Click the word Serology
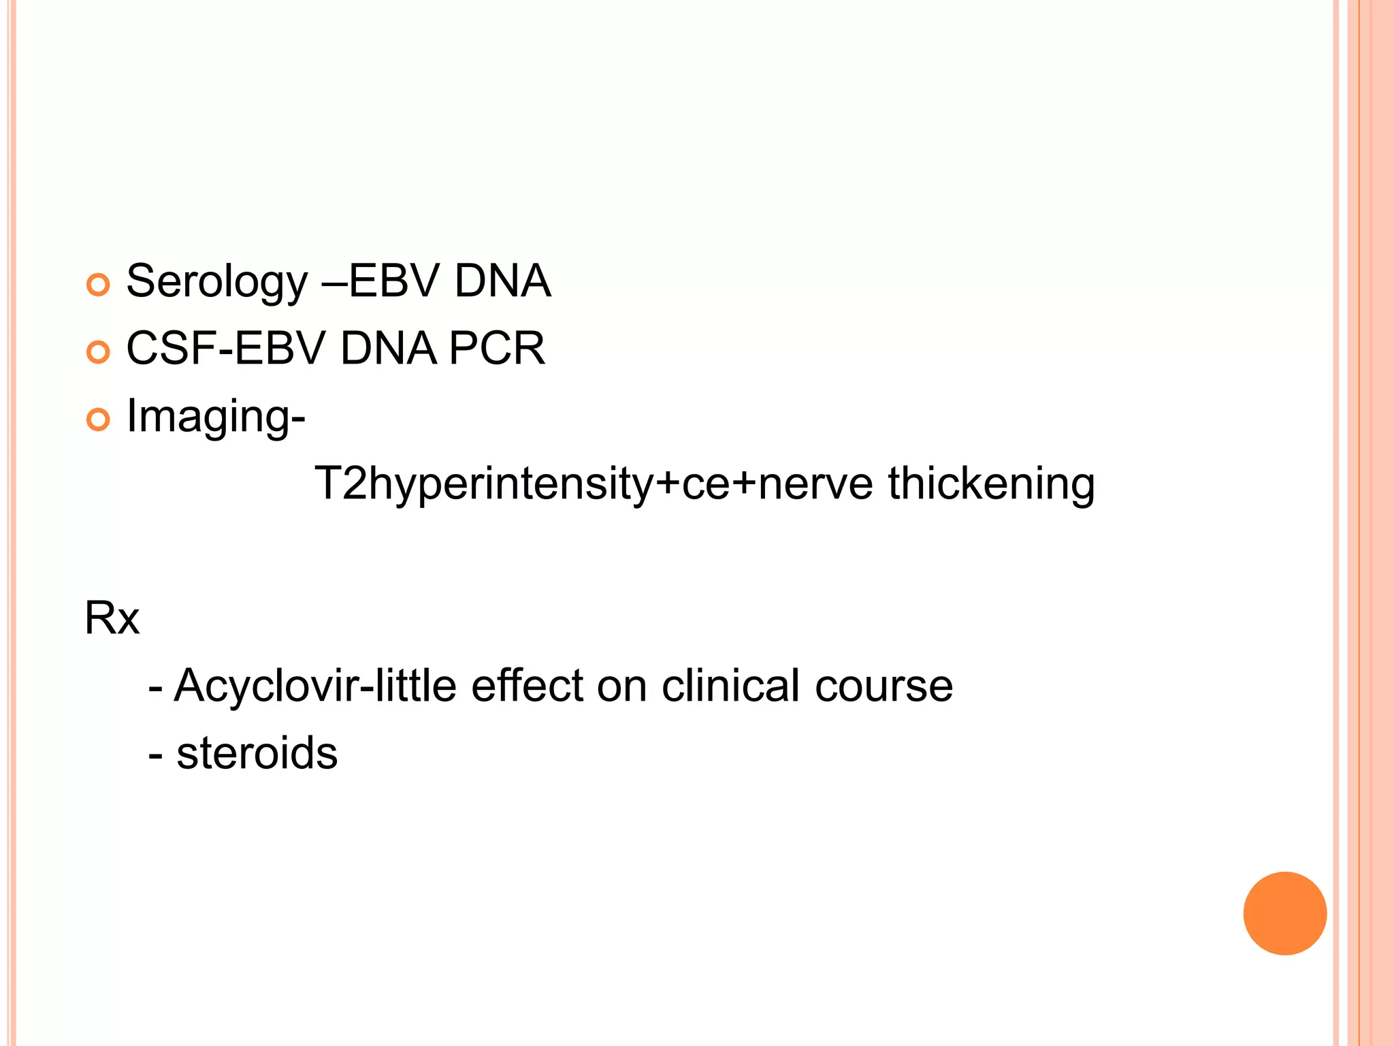coord(217,282)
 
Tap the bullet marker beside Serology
coord(99,285)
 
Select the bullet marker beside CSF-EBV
coord(99,352)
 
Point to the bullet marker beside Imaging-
coord(99,419)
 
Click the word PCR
coord(497,349)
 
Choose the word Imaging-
coord(216,417)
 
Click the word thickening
coord(991,484)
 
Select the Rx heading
coord(112,618)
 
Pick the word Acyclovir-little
coord(315,685)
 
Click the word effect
coord(527,685)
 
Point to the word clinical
coord(730,685)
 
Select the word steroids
coord(257,753)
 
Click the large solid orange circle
coord(1284,913)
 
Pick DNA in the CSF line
coord(388,349)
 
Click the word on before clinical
coord(621,686)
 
